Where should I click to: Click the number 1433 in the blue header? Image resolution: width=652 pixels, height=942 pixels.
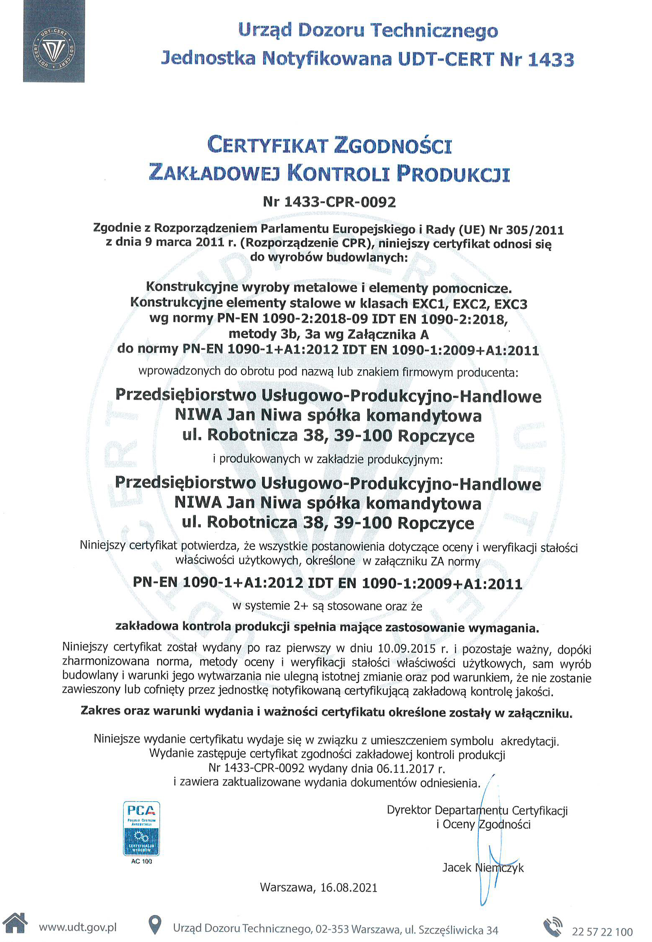click(x=550, y=59)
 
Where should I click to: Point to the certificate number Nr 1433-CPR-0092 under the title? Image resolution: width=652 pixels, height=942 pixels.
click(x=329, y=202)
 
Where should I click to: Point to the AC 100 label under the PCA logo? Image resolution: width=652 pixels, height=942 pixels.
click(x=141, y=861)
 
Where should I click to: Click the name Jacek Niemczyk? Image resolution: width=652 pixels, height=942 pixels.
click(x=483, y=867)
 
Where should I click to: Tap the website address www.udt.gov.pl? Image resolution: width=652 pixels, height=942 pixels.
click(x=78, y=927)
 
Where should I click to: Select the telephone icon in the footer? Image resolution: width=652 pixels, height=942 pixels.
click(x=553, y=927)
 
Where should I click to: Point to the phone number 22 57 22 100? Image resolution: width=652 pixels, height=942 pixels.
click(x=602, y=932)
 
